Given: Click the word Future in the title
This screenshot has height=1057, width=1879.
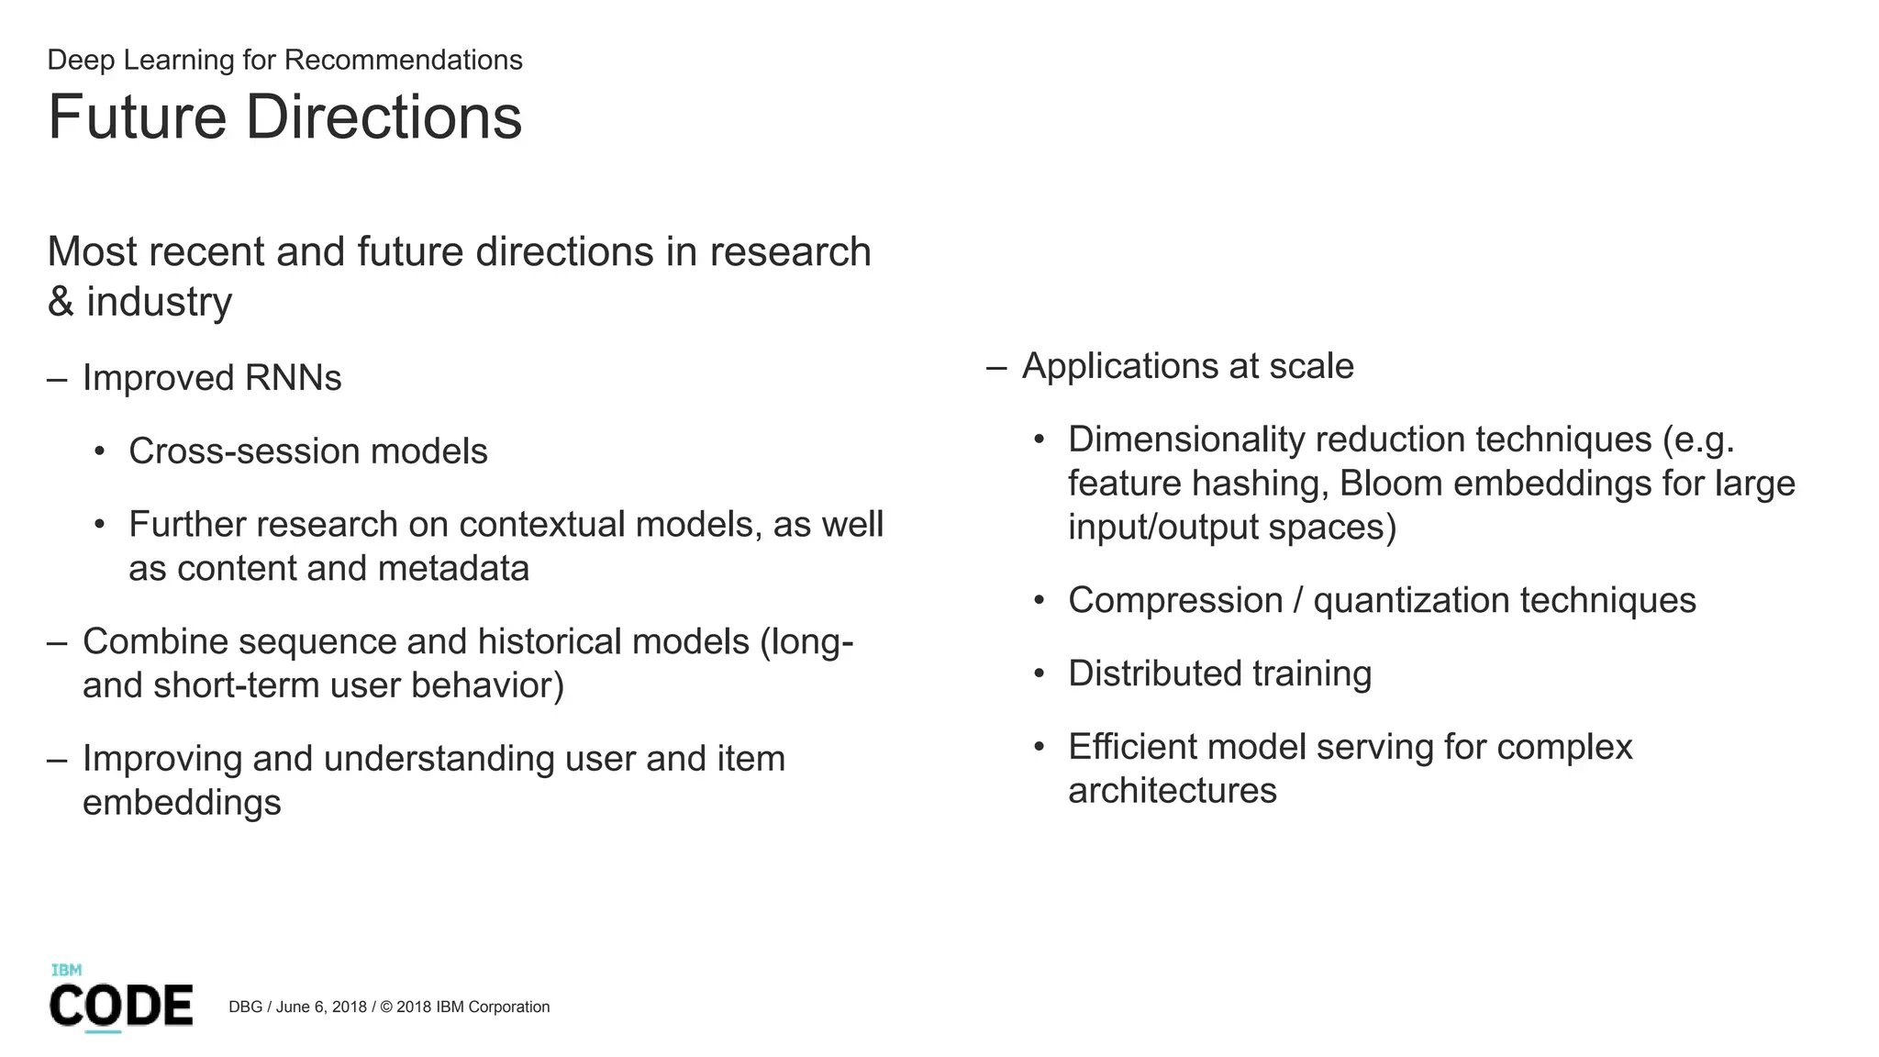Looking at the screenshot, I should coord(137,117).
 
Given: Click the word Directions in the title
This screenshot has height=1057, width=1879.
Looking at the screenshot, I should coord(383,117).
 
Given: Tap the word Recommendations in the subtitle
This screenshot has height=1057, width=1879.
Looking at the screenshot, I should coord(403,60).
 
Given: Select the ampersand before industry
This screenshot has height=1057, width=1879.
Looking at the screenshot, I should coord(61,302).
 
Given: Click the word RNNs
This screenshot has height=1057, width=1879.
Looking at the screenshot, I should coord(293,378).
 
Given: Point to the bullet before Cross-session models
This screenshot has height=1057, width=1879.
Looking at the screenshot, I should coord(99,451).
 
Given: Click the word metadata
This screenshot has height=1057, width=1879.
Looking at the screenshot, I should coord(453,569).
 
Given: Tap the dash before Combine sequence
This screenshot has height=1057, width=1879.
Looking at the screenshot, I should coord(57,641).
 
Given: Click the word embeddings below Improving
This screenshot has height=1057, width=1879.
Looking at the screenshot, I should coord(182,803).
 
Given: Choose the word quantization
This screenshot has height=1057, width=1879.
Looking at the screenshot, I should coord(1410,601).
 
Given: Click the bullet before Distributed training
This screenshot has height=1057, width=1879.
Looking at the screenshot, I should coord(1039,674).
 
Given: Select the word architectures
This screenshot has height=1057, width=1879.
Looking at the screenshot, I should coord(1172,791).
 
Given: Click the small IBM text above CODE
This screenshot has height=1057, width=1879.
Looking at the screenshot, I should coord(66,970).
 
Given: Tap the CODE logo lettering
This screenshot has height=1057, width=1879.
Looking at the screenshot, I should coord(121,1006).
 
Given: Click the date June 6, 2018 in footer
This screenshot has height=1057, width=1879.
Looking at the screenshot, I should coord(321,1007).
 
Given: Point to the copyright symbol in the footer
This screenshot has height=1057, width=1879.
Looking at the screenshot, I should coord(385,1007).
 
